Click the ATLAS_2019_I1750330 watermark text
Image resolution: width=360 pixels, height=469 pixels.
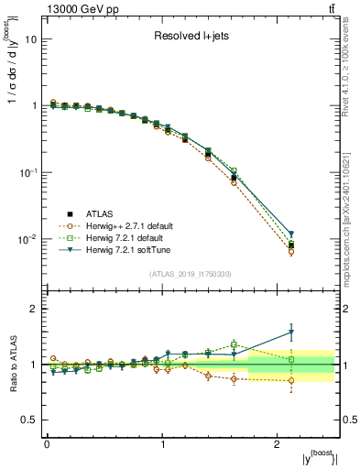coord(191,274)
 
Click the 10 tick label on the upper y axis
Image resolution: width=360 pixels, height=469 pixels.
coord(31,39)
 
